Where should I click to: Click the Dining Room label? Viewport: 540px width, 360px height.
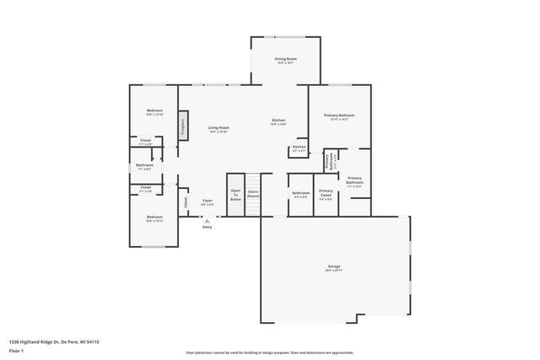(285, 59)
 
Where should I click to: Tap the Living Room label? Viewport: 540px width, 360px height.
(219, 128)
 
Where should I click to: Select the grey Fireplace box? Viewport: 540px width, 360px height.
(181, 125)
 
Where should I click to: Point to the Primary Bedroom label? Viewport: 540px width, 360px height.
(339, 115)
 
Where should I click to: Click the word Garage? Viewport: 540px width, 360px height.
(334, 266)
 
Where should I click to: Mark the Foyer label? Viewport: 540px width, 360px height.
(207, 201)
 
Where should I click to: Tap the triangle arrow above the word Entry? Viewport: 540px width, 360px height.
(207, 219)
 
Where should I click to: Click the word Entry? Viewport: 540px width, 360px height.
(207, 226)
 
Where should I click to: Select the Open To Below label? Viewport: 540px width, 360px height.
(235, 195)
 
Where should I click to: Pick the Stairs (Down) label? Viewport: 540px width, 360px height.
(253, 193)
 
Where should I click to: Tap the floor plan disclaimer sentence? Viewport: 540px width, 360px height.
(269, 352)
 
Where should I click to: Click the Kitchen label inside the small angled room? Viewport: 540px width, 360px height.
(299, 148)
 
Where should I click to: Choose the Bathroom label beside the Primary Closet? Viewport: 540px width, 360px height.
(300, 193)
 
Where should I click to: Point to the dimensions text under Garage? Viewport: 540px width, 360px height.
(334, 271)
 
